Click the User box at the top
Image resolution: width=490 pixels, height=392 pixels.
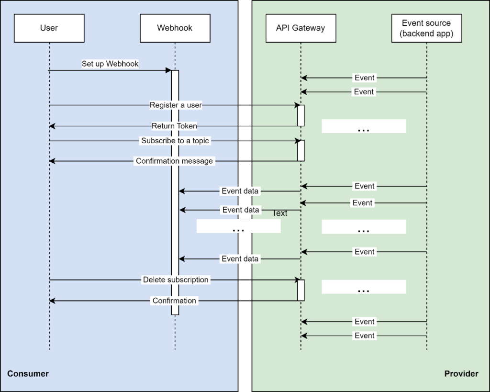(x=49, y=28)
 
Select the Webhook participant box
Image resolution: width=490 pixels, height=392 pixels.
(x=175, y=28)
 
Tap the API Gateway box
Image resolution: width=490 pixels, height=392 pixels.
(x=301, y=28)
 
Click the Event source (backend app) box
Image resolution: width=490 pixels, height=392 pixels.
(x=426, y=28)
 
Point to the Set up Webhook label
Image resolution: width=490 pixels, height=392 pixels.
(x=110, y=64)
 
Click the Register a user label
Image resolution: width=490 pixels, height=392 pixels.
(x=176, y=105)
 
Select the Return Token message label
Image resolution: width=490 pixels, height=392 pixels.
(x=174, y=126)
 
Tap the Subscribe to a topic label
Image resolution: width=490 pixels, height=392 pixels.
(x=176, y=141)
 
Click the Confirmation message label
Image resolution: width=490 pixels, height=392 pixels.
(x=174, y=161)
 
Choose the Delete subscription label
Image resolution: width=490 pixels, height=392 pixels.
(x=176, y=280)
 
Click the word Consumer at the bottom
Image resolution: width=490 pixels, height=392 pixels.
(x=28, y=374)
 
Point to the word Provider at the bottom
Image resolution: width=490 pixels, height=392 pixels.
(x=461, y=374)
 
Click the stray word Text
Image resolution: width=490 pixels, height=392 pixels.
(x=280, y=213)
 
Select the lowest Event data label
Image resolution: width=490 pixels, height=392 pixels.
(x=240, y=259)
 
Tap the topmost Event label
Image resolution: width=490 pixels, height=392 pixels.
(x=364, y=78)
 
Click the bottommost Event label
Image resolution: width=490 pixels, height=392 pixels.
(x=364, y=336)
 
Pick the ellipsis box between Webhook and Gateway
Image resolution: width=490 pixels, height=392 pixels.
(x=238, y=226)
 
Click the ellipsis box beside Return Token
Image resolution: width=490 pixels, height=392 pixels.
(x=363, y=126)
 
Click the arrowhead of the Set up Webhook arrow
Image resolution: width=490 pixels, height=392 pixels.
(x=168, y=70)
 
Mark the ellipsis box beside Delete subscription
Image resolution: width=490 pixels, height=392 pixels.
(x=363, y=287)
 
